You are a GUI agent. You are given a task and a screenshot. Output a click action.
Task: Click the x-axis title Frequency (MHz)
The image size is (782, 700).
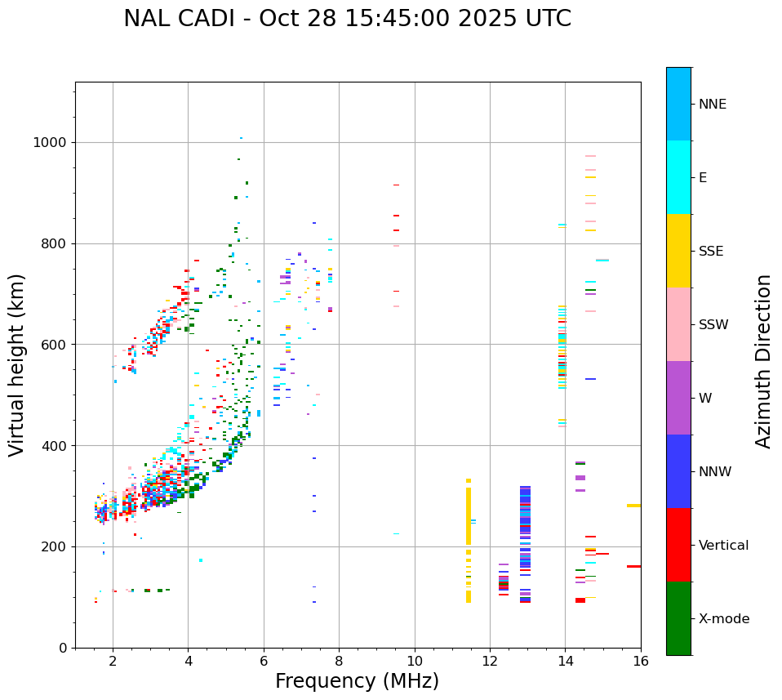click(x=357, y=681)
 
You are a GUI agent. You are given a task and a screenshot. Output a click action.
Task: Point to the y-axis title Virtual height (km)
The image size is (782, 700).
click(x=17, y=364)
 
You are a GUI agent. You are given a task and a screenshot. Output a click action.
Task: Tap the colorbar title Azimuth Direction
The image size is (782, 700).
click(x=763, y=361)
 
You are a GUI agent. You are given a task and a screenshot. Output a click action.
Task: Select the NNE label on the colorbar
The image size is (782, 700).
click(x=712, y=105)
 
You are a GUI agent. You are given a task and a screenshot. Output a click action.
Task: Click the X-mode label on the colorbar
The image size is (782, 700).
click(x=723, y=619)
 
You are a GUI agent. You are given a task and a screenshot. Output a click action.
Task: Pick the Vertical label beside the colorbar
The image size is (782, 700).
click(x=723, y=546)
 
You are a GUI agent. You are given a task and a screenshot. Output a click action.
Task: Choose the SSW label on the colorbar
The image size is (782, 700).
click(x=713, y=325)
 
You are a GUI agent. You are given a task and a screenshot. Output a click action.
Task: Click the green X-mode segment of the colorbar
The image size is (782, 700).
click(x=678, y=618)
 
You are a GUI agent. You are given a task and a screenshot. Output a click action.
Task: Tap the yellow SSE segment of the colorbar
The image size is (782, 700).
click(x=678, y=251)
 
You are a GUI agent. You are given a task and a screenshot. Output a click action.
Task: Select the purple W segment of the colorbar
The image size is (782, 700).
click(x=678, y=398)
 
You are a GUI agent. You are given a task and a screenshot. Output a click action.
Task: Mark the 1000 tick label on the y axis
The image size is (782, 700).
click(x=50, y=143)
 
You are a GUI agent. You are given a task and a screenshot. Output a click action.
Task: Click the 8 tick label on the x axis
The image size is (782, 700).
click(x=339, y=662)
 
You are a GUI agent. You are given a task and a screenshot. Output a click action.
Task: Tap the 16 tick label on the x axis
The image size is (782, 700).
click(x=641, y=662)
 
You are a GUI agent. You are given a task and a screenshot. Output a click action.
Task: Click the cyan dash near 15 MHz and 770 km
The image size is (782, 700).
click(x=602, y=260)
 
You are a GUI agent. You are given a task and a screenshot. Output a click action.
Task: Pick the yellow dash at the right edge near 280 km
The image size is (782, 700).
click(x=633, y=506)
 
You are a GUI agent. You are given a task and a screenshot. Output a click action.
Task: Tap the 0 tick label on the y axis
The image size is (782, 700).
click(x=62, y=648)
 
